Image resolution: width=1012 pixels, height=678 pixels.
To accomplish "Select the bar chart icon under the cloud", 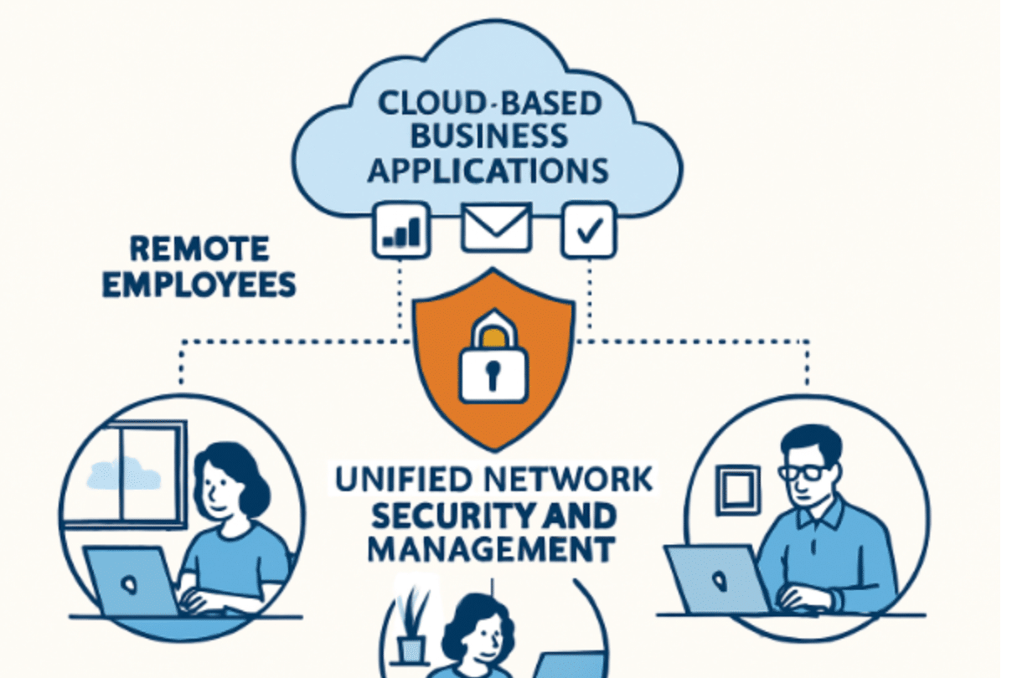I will click(401, 229).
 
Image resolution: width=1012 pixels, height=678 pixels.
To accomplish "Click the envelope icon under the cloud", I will click(496, 227).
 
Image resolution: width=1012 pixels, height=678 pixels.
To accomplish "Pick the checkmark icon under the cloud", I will click(589, 229).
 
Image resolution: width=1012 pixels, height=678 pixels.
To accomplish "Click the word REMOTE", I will click(200, 249).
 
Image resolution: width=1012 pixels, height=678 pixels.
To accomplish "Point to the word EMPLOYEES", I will click(199, 285).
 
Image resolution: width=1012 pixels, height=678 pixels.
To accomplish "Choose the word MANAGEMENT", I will click(491, 550).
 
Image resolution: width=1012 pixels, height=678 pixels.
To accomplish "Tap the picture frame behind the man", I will click(736, 489).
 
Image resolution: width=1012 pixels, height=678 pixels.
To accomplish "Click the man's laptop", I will click(716, 578).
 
